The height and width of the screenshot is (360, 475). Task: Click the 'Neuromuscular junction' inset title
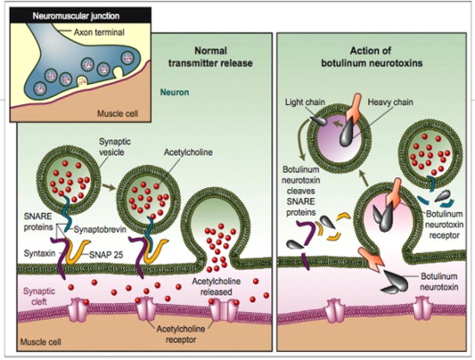76,16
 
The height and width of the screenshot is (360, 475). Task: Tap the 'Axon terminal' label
99,32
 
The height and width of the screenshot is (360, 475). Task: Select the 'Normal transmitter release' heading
210,57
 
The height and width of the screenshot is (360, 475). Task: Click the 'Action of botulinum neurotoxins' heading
372,57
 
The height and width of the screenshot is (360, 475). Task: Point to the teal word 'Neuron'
175,92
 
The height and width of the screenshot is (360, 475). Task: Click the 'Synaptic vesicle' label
111,146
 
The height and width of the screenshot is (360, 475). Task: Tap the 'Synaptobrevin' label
101,229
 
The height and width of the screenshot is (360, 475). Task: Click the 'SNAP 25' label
106,255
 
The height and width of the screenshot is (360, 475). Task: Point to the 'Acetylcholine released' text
217,286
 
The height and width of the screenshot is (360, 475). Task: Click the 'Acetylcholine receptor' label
181,334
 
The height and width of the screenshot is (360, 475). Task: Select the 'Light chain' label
305,102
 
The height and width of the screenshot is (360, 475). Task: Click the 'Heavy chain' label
390,102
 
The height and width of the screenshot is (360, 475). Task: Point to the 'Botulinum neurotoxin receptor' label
444,225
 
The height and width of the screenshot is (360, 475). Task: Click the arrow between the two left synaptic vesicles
109,186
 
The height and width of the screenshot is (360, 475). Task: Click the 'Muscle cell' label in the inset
118,113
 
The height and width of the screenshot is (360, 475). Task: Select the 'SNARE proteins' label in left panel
38,221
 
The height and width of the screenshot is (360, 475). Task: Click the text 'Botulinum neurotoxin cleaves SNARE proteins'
301,191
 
